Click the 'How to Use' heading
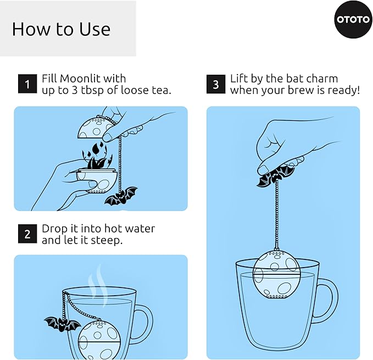click(61, 29)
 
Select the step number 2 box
click(27, 234)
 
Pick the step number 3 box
click(216, 85)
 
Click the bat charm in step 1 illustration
click(121, 196)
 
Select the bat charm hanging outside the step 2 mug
click(62, 324)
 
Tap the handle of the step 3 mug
click(327, 297)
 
